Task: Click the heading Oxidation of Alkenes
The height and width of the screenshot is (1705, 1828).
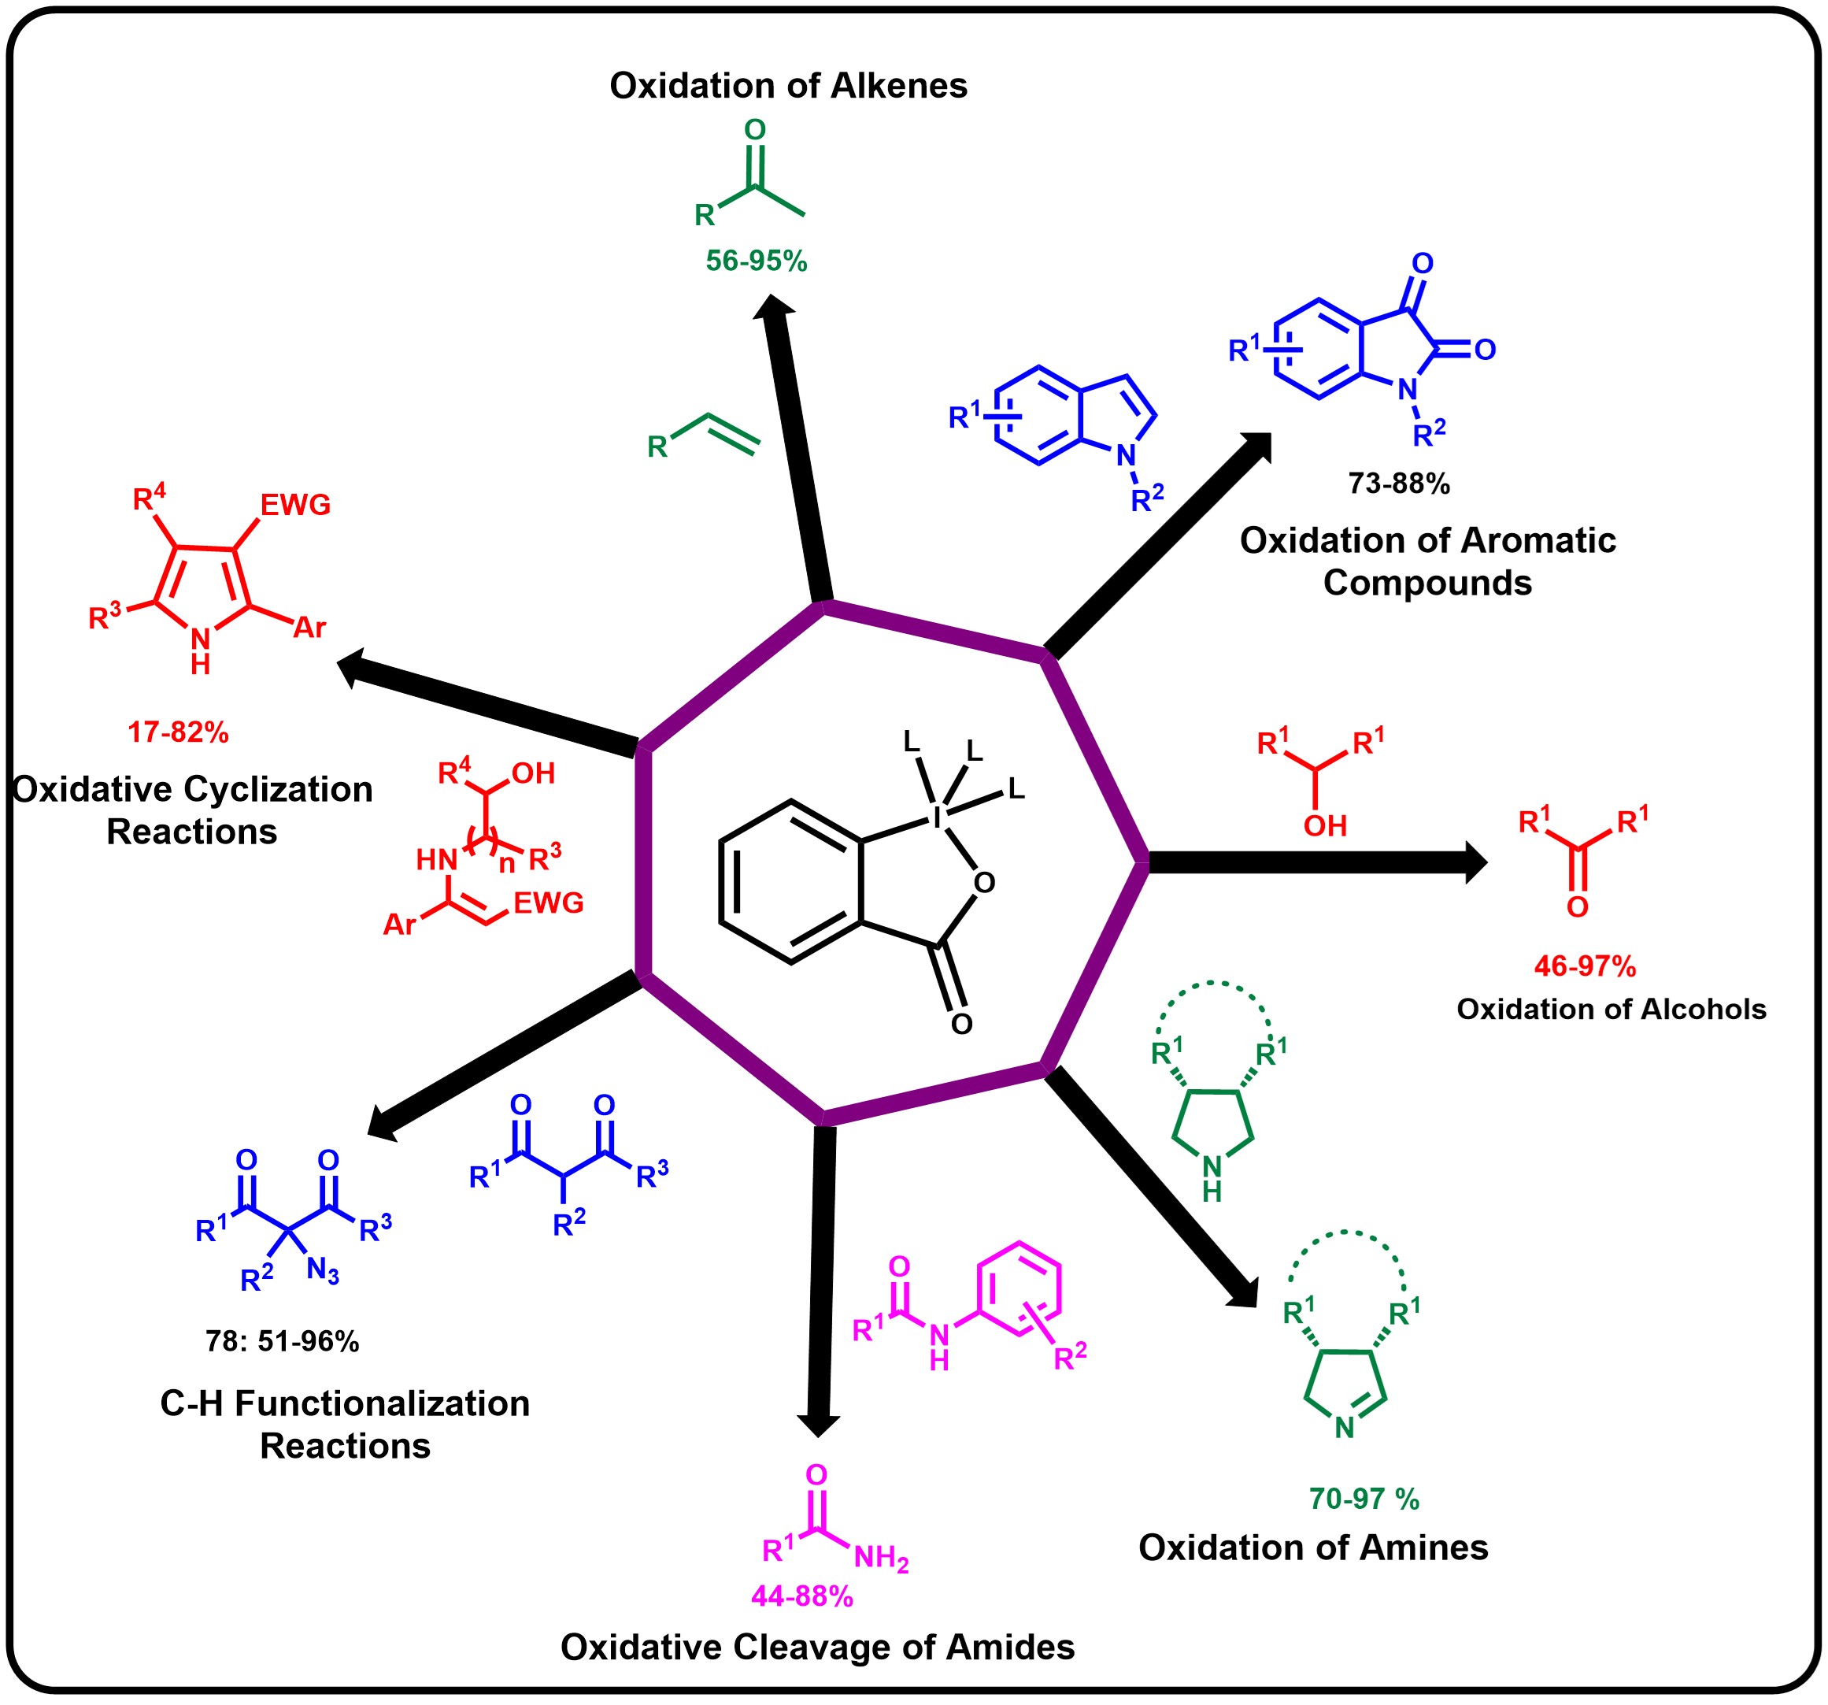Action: [788, 86]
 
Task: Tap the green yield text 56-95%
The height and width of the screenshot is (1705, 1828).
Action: [756, 261]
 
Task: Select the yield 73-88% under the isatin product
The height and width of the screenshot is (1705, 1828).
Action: [1399, 483]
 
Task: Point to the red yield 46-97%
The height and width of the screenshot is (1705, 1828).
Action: [1584, 966]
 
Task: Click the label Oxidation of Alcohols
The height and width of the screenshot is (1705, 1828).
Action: [1611, 1009]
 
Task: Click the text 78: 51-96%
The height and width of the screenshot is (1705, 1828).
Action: [283, 1342]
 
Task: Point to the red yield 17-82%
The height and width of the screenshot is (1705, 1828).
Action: [177, 732]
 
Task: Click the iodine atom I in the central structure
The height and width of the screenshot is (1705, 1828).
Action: [937, 817]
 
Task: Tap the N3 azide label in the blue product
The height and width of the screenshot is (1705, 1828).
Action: [323, 1272]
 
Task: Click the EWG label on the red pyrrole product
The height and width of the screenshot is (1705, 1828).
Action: [295, 505]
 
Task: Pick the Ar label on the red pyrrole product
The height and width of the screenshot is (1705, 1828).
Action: [310, 628]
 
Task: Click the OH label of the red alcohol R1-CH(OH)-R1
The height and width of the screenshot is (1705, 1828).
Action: [1325, 826]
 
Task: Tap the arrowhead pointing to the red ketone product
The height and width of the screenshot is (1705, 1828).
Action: [1476, 862]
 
